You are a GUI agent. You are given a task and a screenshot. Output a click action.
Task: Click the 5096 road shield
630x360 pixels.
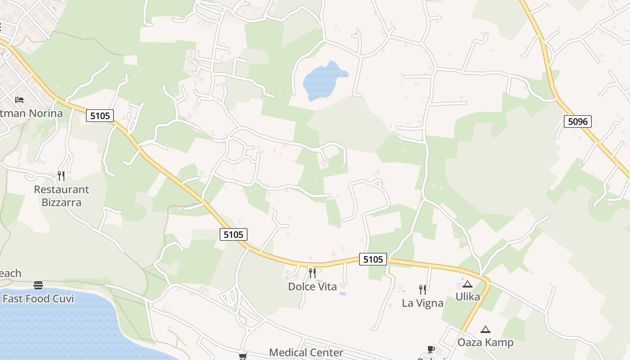(577, 121)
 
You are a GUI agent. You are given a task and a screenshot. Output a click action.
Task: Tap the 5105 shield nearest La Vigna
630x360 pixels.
(373, 259)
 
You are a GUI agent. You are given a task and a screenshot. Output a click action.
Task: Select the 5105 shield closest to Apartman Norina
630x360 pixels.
(100, 116)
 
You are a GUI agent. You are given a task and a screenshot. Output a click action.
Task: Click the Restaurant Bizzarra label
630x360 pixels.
(62, 196)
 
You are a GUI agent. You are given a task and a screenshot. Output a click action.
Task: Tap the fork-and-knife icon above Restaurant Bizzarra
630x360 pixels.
(61, 175)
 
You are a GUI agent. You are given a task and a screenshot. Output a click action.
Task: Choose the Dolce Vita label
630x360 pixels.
(312, 287)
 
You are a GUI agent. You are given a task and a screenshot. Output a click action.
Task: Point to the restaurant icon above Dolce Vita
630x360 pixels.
(312, 273)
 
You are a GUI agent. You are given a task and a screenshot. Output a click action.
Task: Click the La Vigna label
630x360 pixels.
(423, 303)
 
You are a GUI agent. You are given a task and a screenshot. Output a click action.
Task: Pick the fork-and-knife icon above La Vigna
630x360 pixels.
(422, 289)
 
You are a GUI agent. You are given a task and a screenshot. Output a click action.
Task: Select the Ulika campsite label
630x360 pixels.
(468, 297)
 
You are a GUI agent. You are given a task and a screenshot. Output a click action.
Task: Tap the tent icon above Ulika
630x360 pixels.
(468, 284)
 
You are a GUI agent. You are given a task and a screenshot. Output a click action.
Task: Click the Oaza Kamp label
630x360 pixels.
(485, 342)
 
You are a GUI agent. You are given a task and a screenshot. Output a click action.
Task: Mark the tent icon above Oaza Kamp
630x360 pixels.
(485, 329)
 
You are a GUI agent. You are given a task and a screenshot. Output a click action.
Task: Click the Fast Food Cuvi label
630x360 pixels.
(38, 298)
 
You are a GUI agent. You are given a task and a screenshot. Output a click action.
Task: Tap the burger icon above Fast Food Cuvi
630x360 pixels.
(38, 285)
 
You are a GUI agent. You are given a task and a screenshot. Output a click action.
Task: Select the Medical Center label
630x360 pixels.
(306, 352)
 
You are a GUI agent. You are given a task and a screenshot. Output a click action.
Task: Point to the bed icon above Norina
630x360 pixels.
(19, 99)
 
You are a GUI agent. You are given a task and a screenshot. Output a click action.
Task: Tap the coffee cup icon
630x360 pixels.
(431, 349)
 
